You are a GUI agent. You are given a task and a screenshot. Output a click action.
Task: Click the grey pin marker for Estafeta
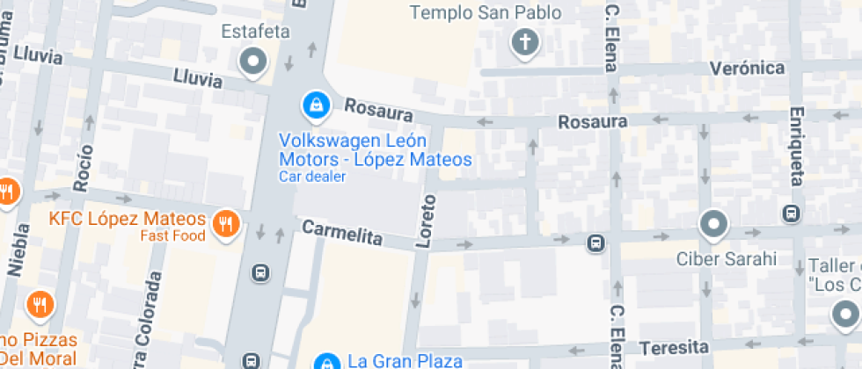pyautogui.click(x=254, y=61)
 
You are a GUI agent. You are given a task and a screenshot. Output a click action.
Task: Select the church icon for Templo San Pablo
pyautogui.click(x=525, y=42)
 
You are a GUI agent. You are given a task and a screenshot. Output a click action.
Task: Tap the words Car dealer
pyautogui.click(x=312, y=177)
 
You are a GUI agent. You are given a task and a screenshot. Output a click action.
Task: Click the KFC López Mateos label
pyautogui.click(x=128, y=219)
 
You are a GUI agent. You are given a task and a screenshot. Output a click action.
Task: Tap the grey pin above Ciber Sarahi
pyautogui.click(x=713, y=224)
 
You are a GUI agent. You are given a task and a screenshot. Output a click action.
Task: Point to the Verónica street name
pyautogui.click(x=747, y=69)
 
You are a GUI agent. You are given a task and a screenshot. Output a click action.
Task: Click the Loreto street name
pyautogui.click(x=426, y=221)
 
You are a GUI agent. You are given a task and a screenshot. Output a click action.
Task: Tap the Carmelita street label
pyautogui.click(x=342, y=233)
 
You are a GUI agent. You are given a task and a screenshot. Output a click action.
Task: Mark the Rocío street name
pyautogui.click(x=84, y=168)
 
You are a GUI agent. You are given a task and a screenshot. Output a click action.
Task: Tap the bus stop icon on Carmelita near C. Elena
pyautogui.click(x=595, y=242)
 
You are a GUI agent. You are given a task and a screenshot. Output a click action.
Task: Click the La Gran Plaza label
pyautogui.click(x=405, y=360)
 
